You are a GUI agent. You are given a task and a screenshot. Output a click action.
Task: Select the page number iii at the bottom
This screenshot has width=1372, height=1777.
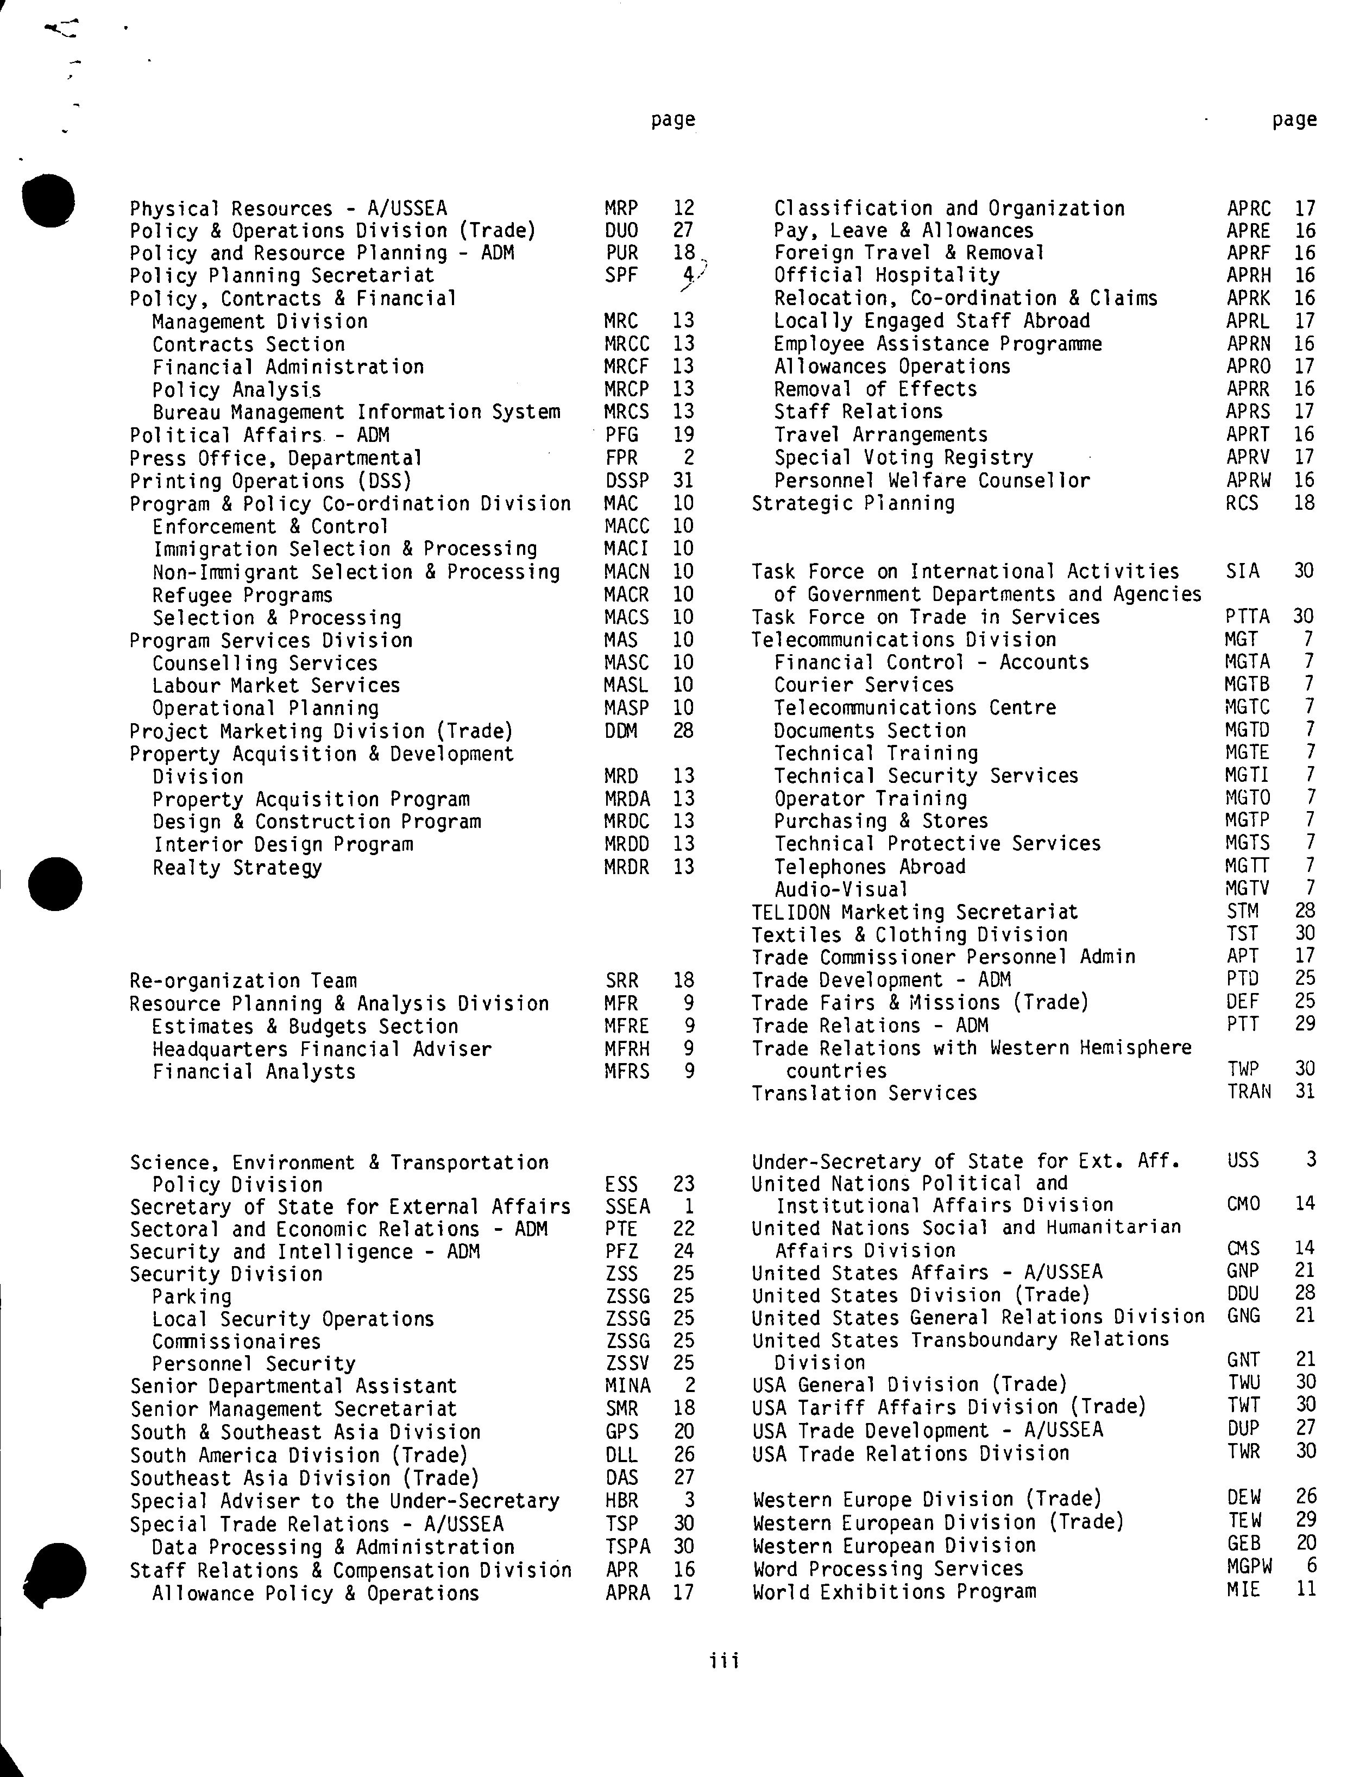point(723,1661)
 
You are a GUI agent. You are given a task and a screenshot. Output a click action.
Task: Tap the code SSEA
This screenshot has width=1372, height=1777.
point(627,1206)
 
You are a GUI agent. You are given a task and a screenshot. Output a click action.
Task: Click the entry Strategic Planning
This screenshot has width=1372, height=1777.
point(853,503)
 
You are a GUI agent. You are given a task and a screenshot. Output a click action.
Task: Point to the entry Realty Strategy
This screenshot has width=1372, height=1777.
point(237,868)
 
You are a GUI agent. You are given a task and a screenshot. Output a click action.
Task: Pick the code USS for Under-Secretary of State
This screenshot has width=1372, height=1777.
point(1243,1160)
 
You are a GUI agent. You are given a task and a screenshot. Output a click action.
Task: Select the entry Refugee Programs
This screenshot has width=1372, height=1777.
point(242,595)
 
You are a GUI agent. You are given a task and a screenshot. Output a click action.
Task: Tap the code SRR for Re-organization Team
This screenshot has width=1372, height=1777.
point(622,981)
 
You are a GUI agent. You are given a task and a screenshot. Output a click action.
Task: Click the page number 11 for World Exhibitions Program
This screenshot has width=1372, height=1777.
point(1305,1588)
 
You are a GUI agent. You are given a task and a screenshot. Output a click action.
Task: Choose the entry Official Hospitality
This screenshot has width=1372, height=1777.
point(886,275)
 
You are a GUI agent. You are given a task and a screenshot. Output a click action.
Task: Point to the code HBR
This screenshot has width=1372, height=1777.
point(622,1500)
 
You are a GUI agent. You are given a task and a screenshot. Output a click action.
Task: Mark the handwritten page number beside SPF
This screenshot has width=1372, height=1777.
point(690,276)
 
